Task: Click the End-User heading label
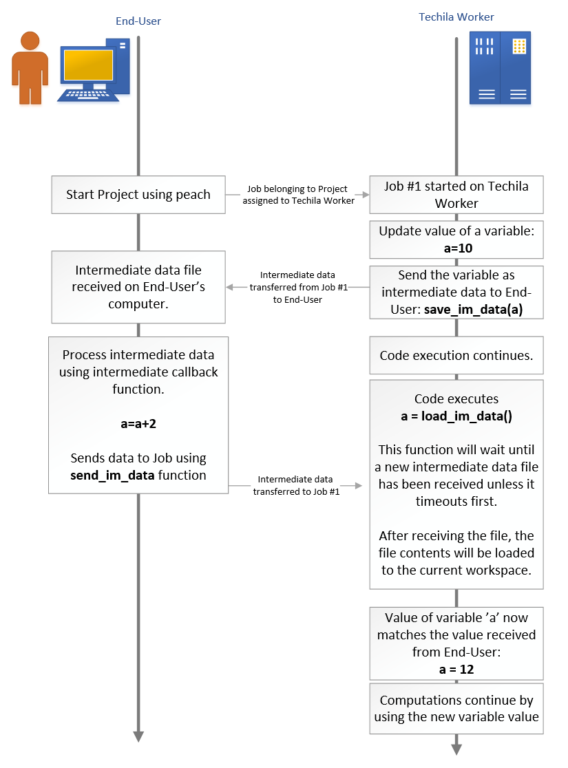138,21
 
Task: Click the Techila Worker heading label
456,17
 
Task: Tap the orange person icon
30,67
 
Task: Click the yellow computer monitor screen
88,66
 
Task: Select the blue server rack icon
500,67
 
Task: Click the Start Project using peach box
138,195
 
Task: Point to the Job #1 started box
456,194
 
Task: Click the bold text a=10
456,248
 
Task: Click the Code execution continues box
456,356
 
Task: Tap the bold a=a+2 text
138,424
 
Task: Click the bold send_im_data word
103,475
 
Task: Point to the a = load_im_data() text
456,416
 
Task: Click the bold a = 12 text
456,669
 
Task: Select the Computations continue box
456,708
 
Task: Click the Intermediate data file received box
138,287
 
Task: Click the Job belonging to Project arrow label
297,195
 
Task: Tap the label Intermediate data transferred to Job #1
296,485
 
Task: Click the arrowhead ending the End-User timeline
138,736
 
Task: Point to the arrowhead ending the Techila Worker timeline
456,748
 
